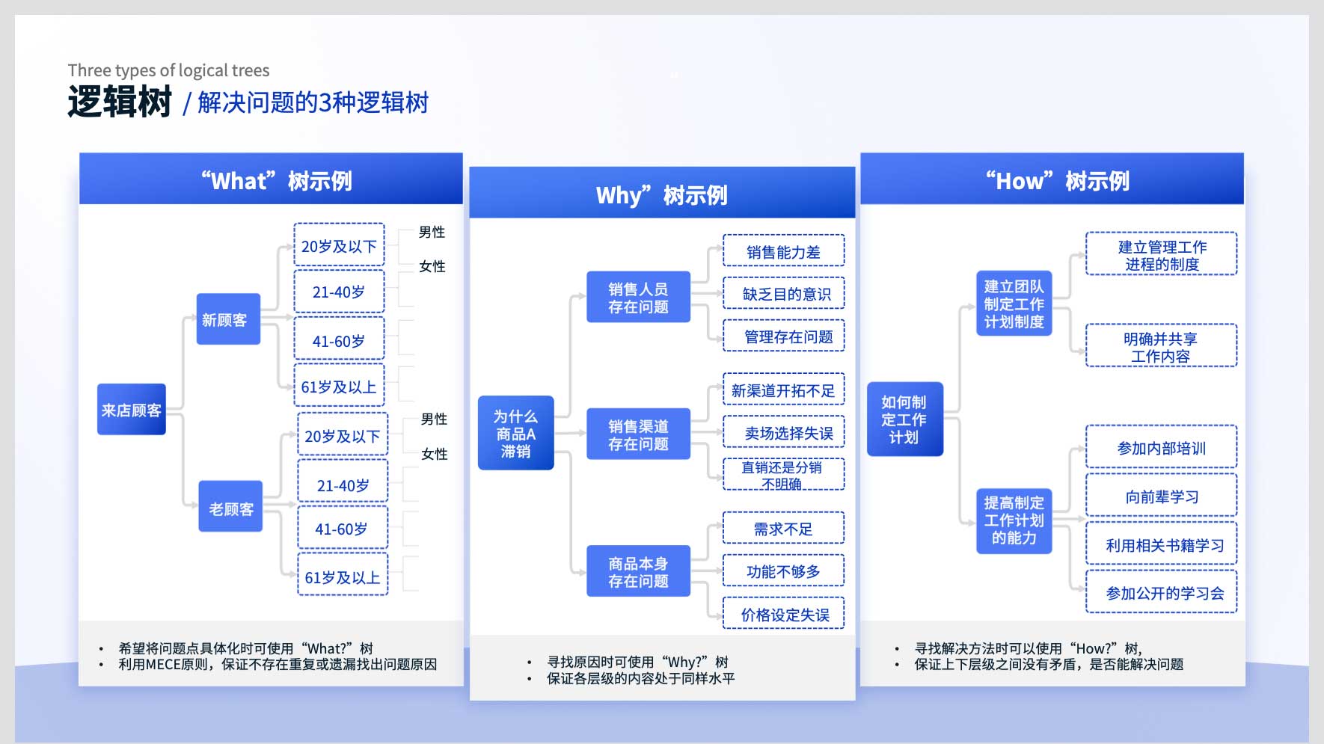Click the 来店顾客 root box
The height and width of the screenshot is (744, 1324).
pyautogui.click(x=132, y=410)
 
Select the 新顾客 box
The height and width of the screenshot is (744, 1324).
pyautogui.click(x=228, y=319)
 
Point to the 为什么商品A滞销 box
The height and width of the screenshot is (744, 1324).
pyautogui.click(x=516, y=433)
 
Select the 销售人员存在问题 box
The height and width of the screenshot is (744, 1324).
pyautogui.click(x=638, y=297)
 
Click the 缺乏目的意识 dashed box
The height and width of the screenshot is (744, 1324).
pyautogui.click(x=784, y=293)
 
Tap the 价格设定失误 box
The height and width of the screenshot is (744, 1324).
pyautogui.click(x=784, y=613)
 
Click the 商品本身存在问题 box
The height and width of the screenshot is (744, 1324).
pyautogui.click(x=638, y=571)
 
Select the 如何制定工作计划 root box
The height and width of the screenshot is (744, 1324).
pyautogui.click(x=905, y=419)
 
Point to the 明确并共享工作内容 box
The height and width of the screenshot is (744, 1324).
pyautogui.click(x=1161, y=345)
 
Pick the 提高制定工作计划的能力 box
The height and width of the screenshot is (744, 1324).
pyautogui.click(x=1014, y=521)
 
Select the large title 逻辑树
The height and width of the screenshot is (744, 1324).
pyautogui.click(x=120, y=102)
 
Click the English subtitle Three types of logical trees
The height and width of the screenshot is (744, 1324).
pyautogui.click(x=168, y=70)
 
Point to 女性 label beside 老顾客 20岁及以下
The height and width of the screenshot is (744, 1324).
pyautogui.click(x=435, y=454)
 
